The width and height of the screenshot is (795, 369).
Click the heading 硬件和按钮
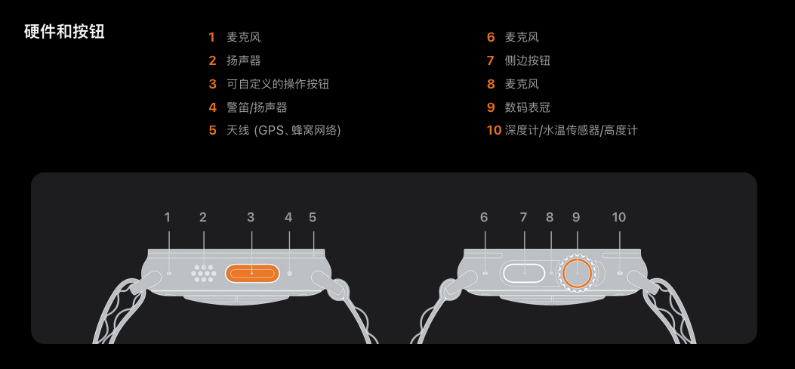click(64, 32)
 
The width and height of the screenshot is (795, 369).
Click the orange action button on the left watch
click(251, 273)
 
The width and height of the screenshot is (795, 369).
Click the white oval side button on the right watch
click(525, 273)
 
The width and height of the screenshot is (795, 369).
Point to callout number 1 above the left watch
click(168, 218)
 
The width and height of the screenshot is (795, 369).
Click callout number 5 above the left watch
click(313, 218)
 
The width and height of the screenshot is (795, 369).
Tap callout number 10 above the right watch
click(619, 218)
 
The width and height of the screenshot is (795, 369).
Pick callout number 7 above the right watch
click(523, 218)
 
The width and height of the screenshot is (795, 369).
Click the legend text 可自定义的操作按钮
click(278, 84)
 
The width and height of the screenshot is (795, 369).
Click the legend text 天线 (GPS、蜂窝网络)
click(284, 131)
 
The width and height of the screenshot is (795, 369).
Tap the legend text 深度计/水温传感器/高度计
click(572, 131)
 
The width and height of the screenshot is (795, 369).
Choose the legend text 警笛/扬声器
click(257, 107)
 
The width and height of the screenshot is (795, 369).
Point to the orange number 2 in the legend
click(212, 60)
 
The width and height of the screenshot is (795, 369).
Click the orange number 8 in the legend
click(491, 84)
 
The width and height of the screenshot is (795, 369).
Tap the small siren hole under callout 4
click(289, 273)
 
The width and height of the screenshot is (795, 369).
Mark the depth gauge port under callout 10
click(620, 273)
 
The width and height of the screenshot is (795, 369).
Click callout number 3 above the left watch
click(251, 218)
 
